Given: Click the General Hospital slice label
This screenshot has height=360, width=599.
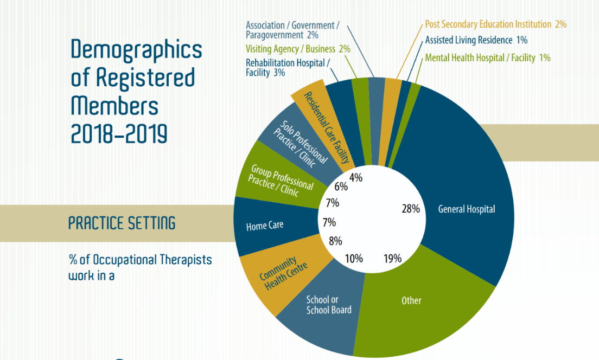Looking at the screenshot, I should (467, 209).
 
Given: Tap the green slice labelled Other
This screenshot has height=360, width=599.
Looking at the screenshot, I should (411, 300).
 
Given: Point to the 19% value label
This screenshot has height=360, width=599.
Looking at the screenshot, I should (392, 259).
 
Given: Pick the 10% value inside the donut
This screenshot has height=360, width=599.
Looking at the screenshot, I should (354, 259).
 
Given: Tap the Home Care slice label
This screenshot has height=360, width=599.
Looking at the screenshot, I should (265, 225).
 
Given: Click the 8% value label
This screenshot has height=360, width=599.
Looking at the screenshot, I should (336, 241).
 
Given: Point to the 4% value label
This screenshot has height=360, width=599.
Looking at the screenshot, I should (356, 177).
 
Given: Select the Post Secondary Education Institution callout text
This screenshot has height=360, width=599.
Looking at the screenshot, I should (495, 24).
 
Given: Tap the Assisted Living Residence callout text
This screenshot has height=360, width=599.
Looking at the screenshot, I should (476, 40).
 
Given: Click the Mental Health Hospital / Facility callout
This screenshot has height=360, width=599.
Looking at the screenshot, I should (488, 57).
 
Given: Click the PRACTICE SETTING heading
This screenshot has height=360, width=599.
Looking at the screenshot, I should (122, 222).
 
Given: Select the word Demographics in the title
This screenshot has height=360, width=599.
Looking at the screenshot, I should (137, 50).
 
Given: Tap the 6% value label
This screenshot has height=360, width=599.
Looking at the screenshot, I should (341, 187).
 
